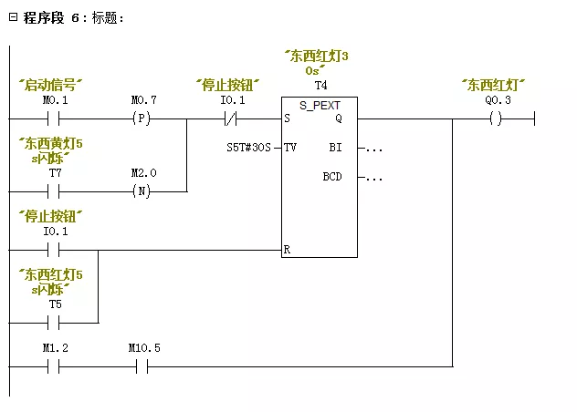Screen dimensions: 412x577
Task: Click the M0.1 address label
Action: [56, 99]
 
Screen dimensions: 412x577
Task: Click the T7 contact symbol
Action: [56, 191]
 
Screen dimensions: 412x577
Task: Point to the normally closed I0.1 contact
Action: [234, 118]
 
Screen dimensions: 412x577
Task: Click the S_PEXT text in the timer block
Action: [320, 106]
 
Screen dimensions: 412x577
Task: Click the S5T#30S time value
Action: [249, 147]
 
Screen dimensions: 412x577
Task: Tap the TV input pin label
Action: [290, 147]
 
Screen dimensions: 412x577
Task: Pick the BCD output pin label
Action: [332, 176]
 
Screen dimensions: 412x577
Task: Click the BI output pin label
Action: [335, 147]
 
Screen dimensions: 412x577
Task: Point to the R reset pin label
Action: [288, 248]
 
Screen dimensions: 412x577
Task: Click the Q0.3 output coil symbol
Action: [496, 118]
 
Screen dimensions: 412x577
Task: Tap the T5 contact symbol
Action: [56, 322]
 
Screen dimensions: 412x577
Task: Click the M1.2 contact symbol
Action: [56, 366]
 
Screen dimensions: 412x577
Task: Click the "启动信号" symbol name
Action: [51, 85]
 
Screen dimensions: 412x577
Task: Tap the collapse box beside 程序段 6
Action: [13, 18]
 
